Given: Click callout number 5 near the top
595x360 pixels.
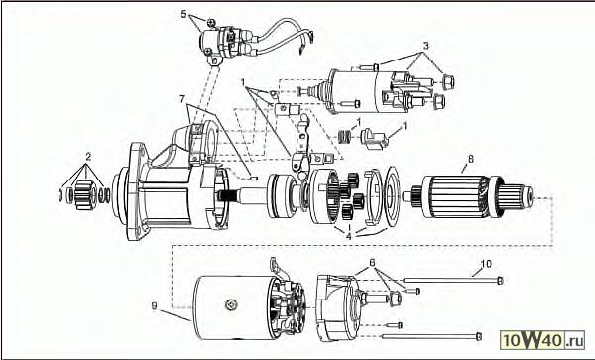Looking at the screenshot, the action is pos(184,15).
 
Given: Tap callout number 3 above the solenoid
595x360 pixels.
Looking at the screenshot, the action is pos(426,46).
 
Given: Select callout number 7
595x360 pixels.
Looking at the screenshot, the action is pos(182,99).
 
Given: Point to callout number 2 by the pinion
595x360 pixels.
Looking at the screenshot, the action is pos(88,156).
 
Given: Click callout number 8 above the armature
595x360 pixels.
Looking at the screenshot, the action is pos(471,159).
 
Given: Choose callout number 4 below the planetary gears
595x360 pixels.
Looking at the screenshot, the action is pos(349,236).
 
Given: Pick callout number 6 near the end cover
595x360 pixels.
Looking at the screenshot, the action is pos(372,263).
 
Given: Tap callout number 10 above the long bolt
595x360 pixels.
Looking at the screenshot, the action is pos(486,263).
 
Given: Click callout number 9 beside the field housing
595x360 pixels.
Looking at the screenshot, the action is pos(154,305).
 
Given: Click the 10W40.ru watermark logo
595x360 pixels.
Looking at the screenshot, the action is pos(542,340).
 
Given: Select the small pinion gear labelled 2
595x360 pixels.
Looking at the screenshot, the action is pos(81,195).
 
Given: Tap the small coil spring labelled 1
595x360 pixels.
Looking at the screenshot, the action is pos(344,136).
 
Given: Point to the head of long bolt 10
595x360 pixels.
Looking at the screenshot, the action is pos(500,281).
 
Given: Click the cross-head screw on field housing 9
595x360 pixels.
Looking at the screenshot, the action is pos(230,304).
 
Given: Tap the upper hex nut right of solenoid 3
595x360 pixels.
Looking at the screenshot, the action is pos(448,82).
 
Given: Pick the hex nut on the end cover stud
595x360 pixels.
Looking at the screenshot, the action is pos(395,299).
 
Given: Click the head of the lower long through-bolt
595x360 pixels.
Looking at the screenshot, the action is pos(479,336).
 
